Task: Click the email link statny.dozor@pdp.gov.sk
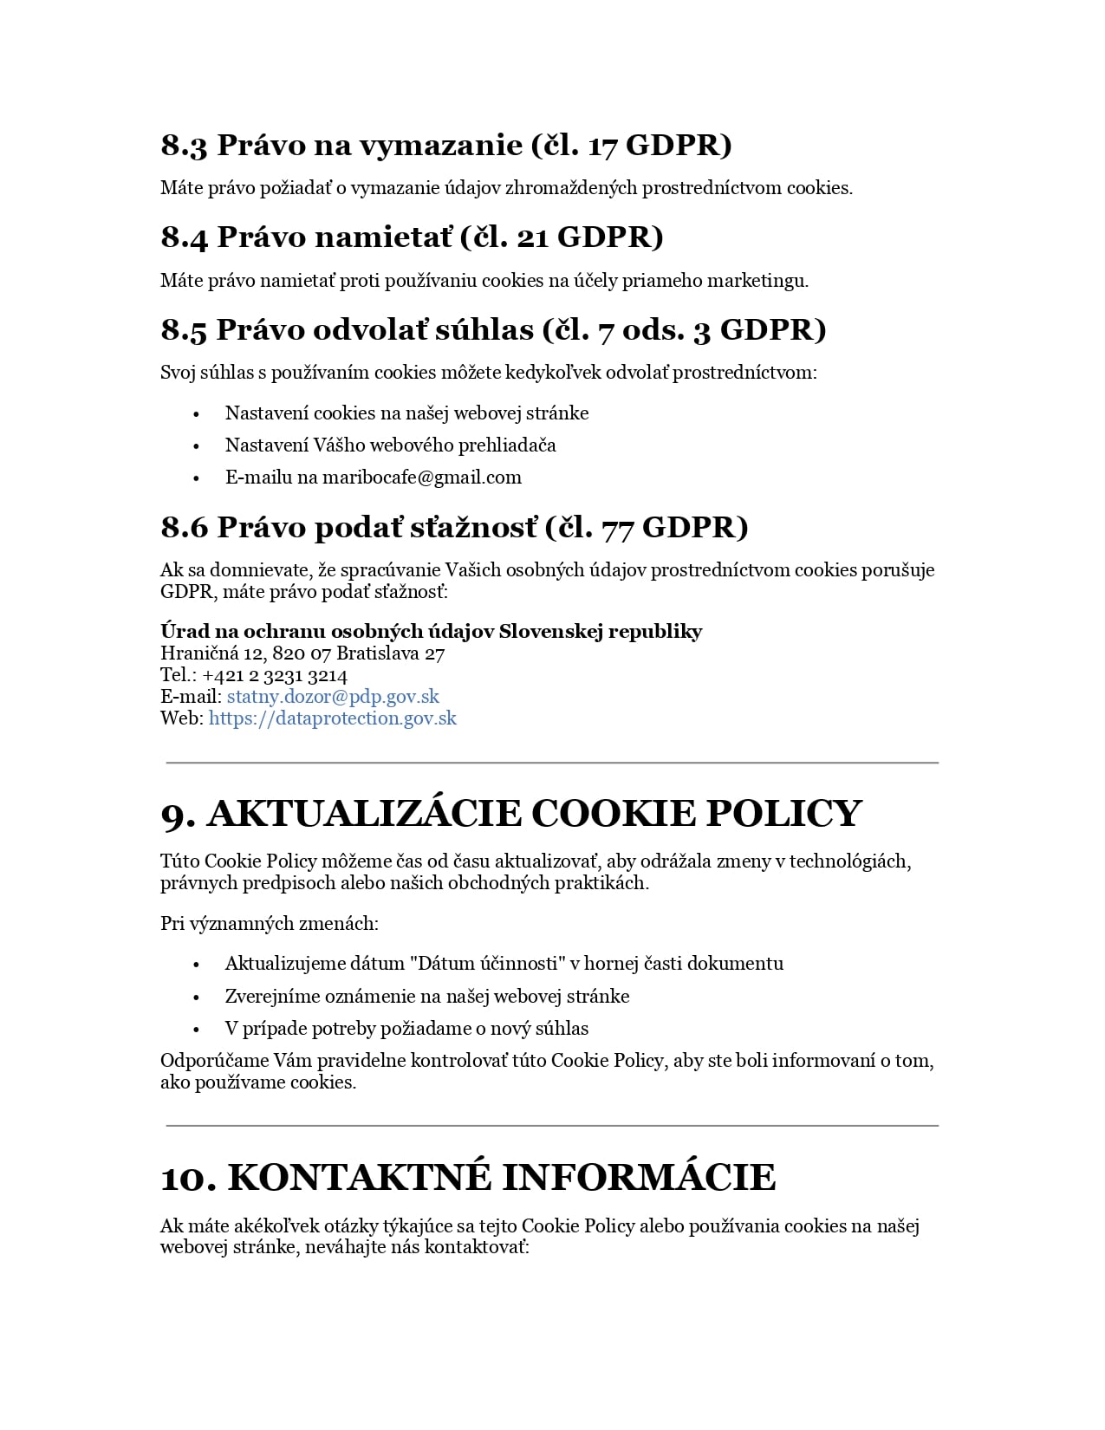333,697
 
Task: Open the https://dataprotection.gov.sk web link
332,718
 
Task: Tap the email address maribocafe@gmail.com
422,478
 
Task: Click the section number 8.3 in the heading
184,146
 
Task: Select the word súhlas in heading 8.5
484,330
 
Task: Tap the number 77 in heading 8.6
617,528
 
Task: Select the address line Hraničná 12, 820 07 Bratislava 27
302,653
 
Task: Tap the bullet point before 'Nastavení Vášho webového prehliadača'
197,446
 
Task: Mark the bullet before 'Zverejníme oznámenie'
197,998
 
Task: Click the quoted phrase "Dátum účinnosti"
488,964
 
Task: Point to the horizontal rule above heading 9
552,763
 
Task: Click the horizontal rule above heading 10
552,1126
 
